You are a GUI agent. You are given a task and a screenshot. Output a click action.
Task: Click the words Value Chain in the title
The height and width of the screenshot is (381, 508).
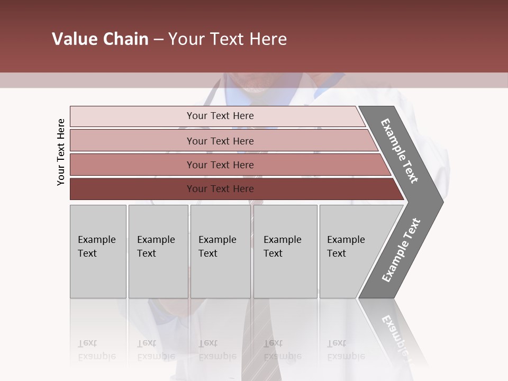[100, 39]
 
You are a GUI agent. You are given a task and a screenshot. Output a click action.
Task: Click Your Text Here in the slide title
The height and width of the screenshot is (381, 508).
[228, 39]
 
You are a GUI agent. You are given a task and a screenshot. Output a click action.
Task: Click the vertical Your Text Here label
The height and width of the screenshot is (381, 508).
[61, 152]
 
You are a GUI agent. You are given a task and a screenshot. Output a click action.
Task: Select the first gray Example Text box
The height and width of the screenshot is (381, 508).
[98, 251]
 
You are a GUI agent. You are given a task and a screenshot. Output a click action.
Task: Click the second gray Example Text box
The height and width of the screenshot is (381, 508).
[158, 251]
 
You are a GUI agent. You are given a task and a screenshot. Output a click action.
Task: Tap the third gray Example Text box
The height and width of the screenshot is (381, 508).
[220, 251]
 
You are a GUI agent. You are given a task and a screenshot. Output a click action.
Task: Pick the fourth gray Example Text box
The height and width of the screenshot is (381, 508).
[285, 251]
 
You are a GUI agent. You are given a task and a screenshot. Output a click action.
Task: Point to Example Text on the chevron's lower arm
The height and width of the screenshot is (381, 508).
[401, 250]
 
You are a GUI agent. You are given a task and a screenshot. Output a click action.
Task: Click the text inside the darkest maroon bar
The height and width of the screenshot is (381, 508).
[220, 189]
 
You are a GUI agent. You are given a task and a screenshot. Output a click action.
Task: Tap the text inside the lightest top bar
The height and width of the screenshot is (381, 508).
[220, 116]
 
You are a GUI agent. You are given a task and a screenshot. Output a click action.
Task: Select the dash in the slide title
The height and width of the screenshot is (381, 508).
[158, 40]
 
